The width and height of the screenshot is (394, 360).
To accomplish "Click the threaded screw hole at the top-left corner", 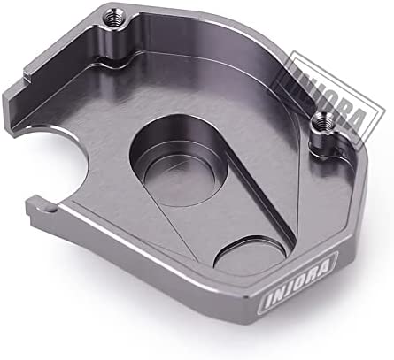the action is [x=112, y=19].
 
